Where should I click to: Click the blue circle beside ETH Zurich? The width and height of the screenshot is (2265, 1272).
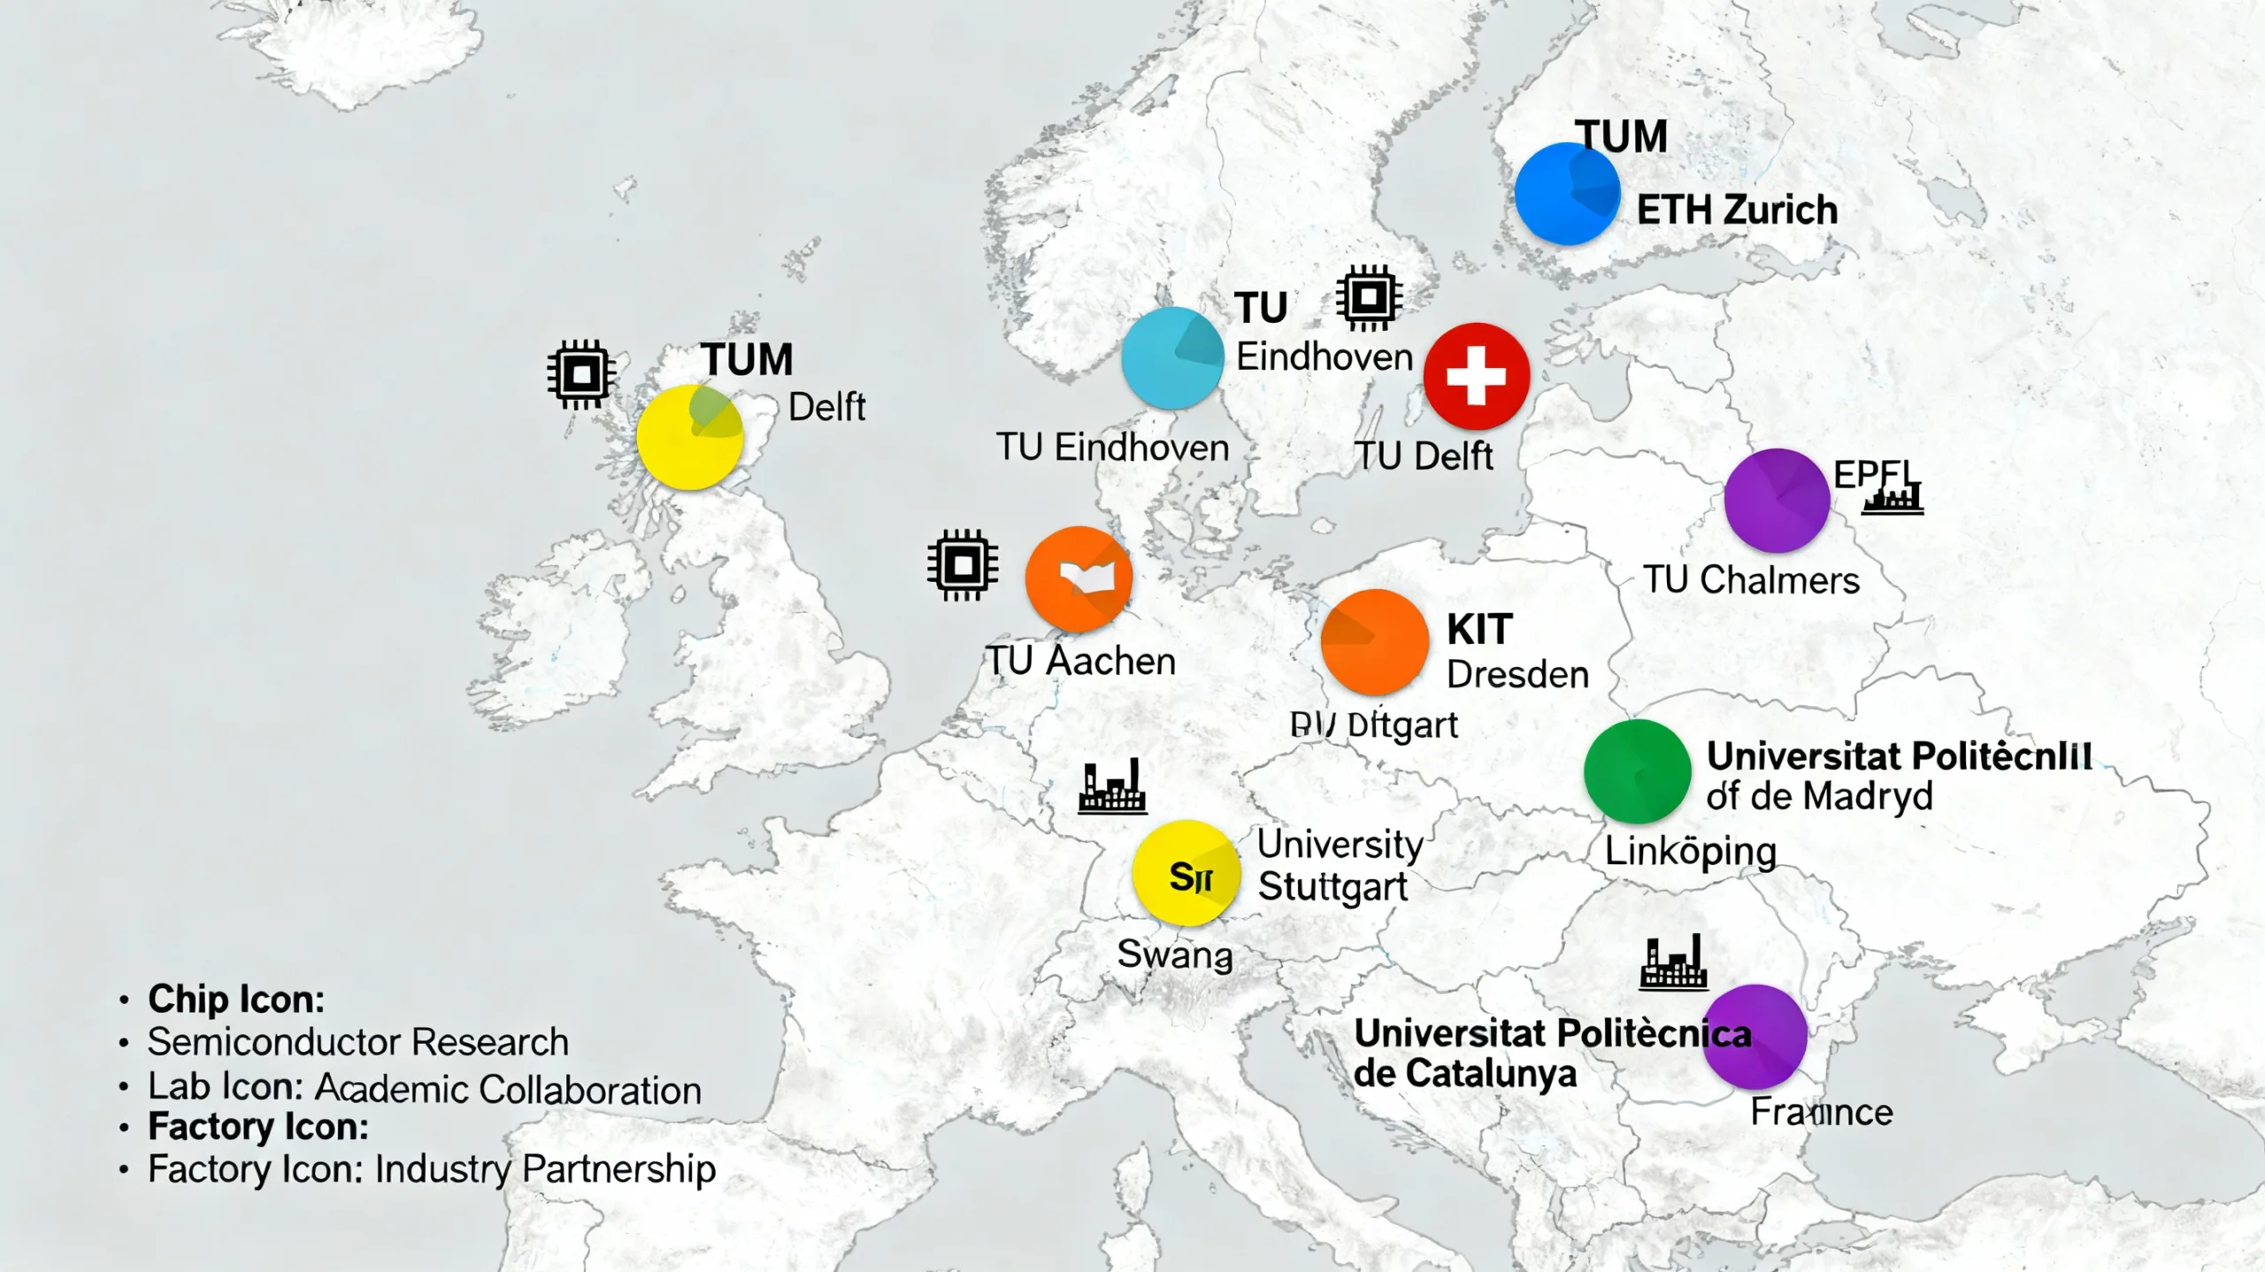coord(1567,194)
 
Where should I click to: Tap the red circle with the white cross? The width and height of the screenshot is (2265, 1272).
coord(1476,376)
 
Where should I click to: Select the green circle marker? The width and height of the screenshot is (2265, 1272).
coord(1637,771)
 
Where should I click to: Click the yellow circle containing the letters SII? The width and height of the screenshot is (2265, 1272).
coord(1186,873)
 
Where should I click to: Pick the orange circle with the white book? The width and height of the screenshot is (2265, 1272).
coord(1079,579)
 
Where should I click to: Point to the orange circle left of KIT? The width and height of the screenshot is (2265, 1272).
coord(1374,641)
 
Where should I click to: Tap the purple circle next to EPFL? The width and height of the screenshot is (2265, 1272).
coord(1777,500)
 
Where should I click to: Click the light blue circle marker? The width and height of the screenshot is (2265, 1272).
coord(1172,357)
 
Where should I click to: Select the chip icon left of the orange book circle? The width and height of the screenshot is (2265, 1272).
coord(963,564)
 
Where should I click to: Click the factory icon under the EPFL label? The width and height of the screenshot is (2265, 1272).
coord(1893,501)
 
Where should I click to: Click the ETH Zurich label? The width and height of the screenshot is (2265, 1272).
coord(1737,211)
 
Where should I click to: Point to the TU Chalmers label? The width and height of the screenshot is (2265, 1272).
coord(1751,580)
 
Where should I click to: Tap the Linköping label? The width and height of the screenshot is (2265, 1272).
coord(1690,852)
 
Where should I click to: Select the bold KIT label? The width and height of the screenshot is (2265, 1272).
coord(1479,630)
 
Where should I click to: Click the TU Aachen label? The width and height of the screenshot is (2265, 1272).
coord(1080,662)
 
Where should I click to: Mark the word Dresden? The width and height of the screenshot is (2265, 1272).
coord(1517,675)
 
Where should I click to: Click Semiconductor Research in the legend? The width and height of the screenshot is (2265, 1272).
coord(357,1042)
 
